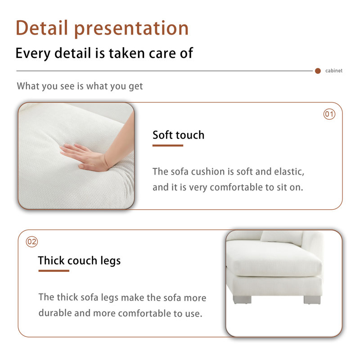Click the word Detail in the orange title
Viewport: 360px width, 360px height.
[x=42, y=28]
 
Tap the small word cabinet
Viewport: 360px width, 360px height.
[x=333, y=71]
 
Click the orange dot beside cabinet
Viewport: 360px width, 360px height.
[x=318, y=71]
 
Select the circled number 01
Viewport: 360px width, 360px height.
[x=329, y=114]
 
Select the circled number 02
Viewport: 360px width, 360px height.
[x=31, y=242]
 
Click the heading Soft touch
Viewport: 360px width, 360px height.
[x=178, y=135]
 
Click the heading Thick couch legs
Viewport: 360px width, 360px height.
[x=79, y=261]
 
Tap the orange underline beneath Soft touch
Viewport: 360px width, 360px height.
[x=168, y=145]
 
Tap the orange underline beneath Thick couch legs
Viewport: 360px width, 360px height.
[x=54, y=271]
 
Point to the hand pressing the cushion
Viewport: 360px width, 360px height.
[x=92, y=156]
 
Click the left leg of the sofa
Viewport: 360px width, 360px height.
[x=242, y=299]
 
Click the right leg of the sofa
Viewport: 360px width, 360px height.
[x=312, y=300]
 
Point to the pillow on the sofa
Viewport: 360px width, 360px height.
[x=282, y=238]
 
